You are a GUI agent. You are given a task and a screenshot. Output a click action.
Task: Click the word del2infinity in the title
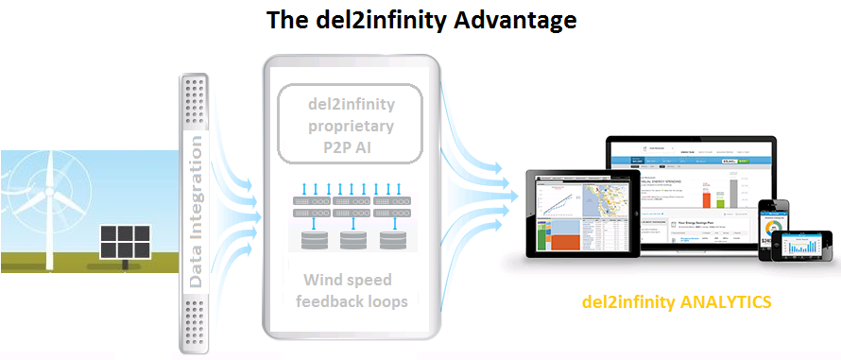pyautogui.click(x=377, y=19)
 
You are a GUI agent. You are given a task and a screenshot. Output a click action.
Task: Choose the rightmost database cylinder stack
pyautogui.click(x=391, y=240)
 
